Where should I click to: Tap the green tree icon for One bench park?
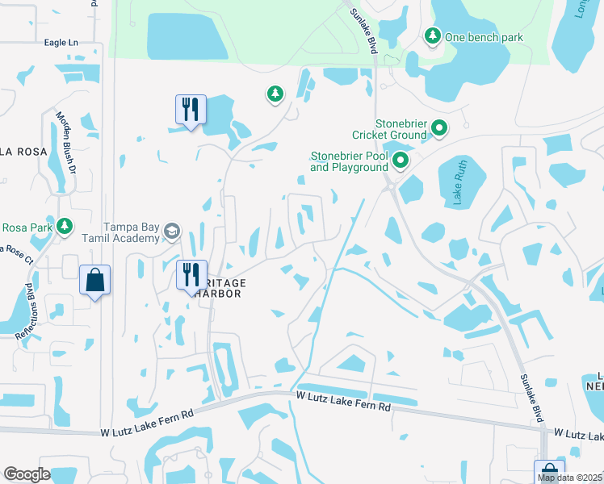pos(433,36)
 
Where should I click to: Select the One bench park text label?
pos(484,37)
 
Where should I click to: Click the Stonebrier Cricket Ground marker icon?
pos(439,127)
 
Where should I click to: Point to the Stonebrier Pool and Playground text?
pos(350,161)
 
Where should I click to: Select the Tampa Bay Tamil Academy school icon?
pos(171,232)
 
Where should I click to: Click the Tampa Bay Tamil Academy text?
pos(132,232)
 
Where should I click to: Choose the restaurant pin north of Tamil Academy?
pos(191,109)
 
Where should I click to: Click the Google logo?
pos(27,474)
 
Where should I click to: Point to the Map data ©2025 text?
pos(569,478)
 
